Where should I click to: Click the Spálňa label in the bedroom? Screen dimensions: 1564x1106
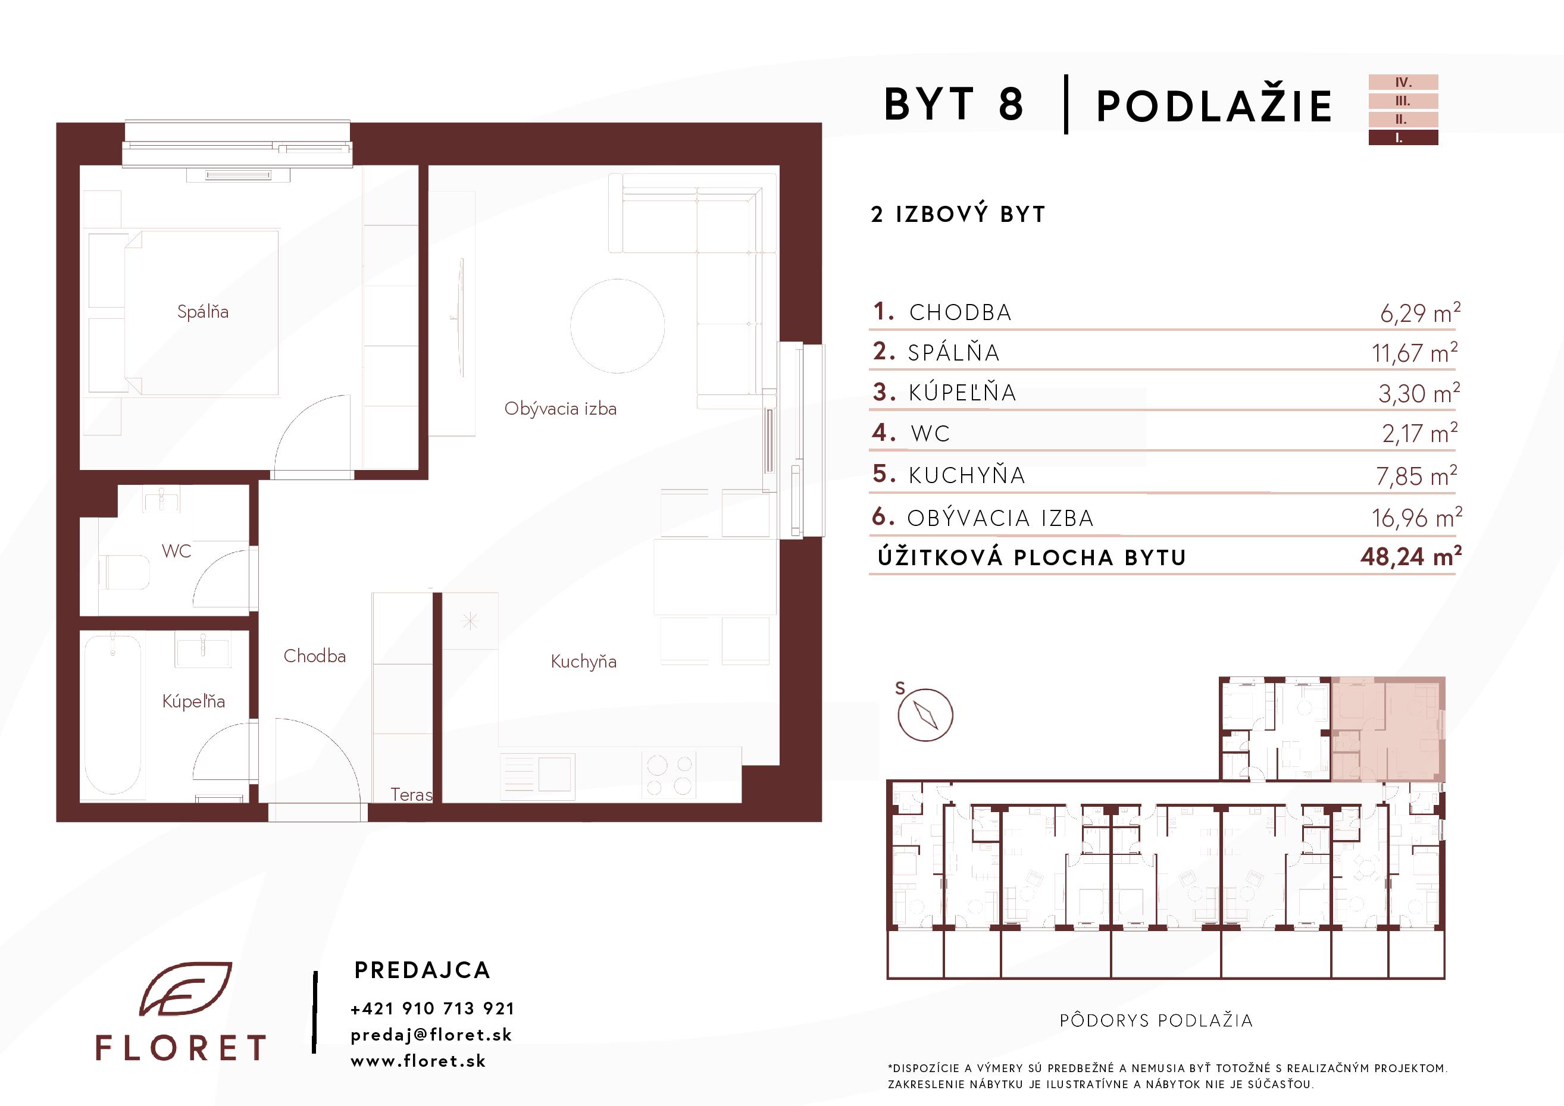tap(203, 312)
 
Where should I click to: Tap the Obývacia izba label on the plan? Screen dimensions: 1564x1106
tap(561, 409)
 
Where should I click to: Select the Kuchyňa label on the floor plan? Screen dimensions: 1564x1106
tap(584, 662)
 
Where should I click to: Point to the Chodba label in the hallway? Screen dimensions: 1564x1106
tap(315, 656)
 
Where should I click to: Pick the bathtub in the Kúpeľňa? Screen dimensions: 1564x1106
tap(112, 713)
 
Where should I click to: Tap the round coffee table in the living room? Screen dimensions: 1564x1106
tap(617, 326)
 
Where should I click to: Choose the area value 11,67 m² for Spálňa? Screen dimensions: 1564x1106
tap(1414, 352)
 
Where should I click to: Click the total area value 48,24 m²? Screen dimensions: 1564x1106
tap(1410, 556)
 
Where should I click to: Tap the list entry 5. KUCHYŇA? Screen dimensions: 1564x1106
tap(949, 475)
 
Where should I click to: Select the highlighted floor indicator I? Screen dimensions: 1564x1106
tap(1404, 137)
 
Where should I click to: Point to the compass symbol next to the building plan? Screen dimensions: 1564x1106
tap(925, 715)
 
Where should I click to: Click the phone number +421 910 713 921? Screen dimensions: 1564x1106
tap(433, 1008)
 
